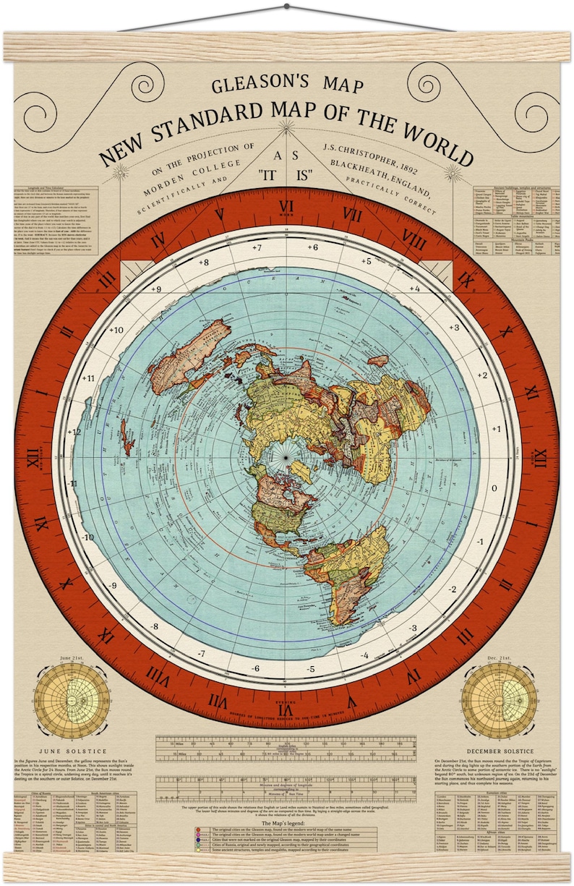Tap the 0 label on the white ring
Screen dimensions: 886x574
pos(494,487)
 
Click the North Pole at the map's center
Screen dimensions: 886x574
pos(286,457)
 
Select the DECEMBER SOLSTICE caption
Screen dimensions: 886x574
pos(499,751)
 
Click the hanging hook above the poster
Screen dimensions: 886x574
pos(286,6)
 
